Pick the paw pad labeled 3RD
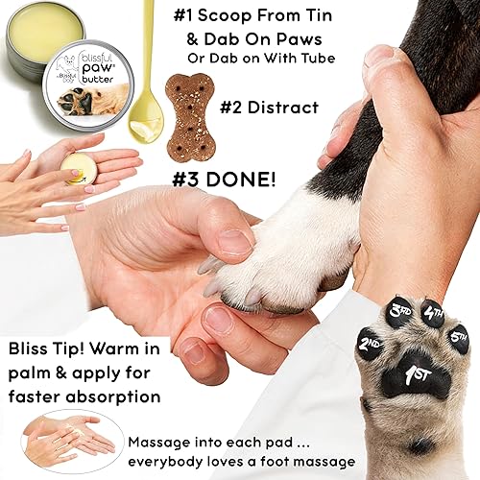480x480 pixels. [x=400, y=314]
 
